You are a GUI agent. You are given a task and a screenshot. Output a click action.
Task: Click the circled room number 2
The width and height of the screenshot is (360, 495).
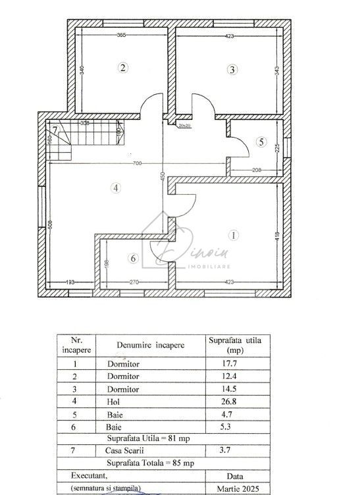point(123,67)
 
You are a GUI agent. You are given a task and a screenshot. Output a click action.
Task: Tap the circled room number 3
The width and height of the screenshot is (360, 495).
point(232,69)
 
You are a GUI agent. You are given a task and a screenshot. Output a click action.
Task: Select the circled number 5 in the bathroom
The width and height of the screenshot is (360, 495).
point(261,142)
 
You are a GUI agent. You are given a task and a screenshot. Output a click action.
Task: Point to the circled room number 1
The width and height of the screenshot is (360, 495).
point(232,234)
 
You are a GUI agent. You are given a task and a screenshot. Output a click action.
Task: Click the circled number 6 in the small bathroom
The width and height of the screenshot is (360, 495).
point(133,259)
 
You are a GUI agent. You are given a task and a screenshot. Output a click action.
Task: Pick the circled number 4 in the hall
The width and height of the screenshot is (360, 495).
point(115,188)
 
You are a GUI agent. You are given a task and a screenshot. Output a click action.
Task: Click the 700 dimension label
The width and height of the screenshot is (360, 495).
point(136,163)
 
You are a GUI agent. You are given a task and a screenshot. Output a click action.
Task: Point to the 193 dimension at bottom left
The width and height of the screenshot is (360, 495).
point(69,283)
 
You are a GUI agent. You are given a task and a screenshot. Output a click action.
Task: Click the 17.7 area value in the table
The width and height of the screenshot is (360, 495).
point(223,363)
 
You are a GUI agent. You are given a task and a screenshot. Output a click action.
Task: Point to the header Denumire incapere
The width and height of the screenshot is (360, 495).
point(151,344)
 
